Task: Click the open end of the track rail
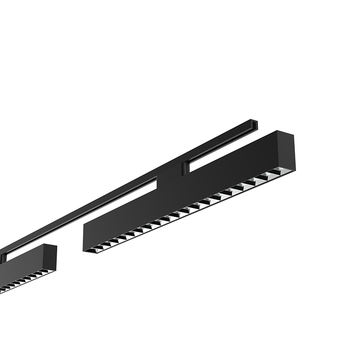tap(254, 124)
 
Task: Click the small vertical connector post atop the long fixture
tap(184, 169)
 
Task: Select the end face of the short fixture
tap(50, 258)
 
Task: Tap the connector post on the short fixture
tap(4, 258)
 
